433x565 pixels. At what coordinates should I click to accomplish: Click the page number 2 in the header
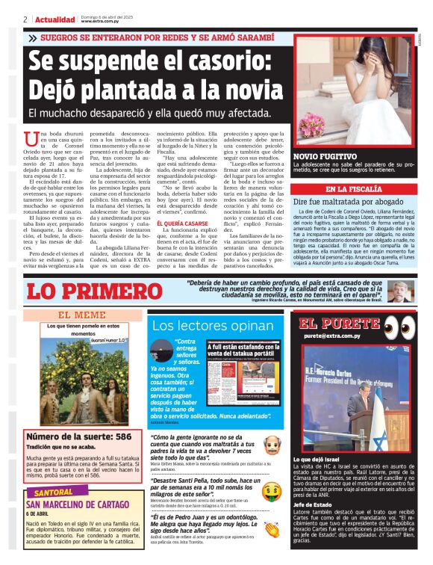point(25,19)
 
